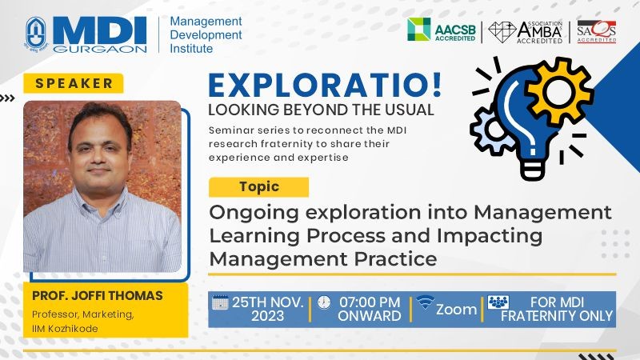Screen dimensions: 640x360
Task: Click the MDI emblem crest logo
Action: click(36, 34)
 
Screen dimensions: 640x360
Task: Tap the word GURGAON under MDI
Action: click(99, 49)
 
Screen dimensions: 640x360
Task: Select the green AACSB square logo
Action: click(418, 29)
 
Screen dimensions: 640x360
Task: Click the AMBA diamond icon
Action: click(502, 31)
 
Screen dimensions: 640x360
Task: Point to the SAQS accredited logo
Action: click(596, 31)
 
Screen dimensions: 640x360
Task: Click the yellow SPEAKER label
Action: click(74, 83)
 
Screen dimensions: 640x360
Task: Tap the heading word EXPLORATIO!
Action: click(326, 85)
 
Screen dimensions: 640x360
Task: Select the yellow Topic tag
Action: click(258, 187)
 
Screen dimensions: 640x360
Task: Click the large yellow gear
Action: click(558, 91)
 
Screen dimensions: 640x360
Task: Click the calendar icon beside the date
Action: click(220, 302)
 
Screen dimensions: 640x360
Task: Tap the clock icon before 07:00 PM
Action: click(324, 302)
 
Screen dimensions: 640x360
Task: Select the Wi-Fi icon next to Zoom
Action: click(425, 302)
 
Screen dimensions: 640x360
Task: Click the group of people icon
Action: click(498, 302)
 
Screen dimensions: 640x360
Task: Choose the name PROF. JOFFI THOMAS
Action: click(97, 295)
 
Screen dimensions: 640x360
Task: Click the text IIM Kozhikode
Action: click(65, 329)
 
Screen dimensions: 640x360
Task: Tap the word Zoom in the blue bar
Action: click(456, 310)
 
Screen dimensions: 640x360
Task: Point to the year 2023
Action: click(267, 316)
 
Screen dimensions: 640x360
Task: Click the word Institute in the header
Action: click(191, 49)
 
